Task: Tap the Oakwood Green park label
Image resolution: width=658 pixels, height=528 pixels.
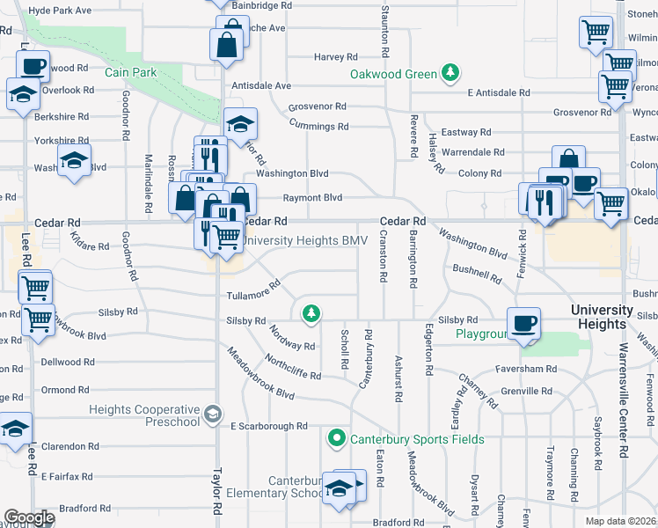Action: [393, 74]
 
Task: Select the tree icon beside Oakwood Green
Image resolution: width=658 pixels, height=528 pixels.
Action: [450, 72]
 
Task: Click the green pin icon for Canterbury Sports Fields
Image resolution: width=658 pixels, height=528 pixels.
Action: [336, 437]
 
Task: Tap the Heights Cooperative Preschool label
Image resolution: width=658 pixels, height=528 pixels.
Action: [144, 415]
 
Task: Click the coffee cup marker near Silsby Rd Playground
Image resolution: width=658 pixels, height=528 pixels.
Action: [524, 323]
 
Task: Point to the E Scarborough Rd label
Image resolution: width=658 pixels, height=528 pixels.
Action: [268, 426]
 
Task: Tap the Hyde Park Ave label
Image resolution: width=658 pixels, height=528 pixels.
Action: [60, 11]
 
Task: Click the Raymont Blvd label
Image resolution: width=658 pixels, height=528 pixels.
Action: [312, 198]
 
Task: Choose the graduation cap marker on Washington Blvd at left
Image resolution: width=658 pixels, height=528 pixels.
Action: [75, 160]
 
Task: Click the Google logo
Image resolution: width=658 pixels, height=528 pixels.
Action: [29, 517]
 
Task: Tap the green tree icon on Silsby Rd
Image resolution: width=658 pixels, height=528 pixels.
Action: [310, 312]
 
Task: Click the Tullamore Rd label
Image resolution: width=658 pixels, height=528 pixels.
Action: [252, 290]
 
